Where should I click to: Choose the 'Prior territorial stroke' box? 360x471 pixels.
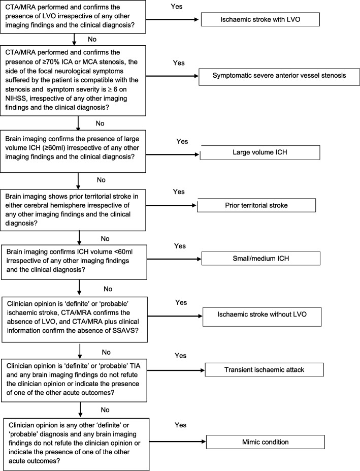[256, 205]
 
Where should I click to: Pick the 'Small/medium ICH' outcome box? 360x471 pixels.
[261, 258]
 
